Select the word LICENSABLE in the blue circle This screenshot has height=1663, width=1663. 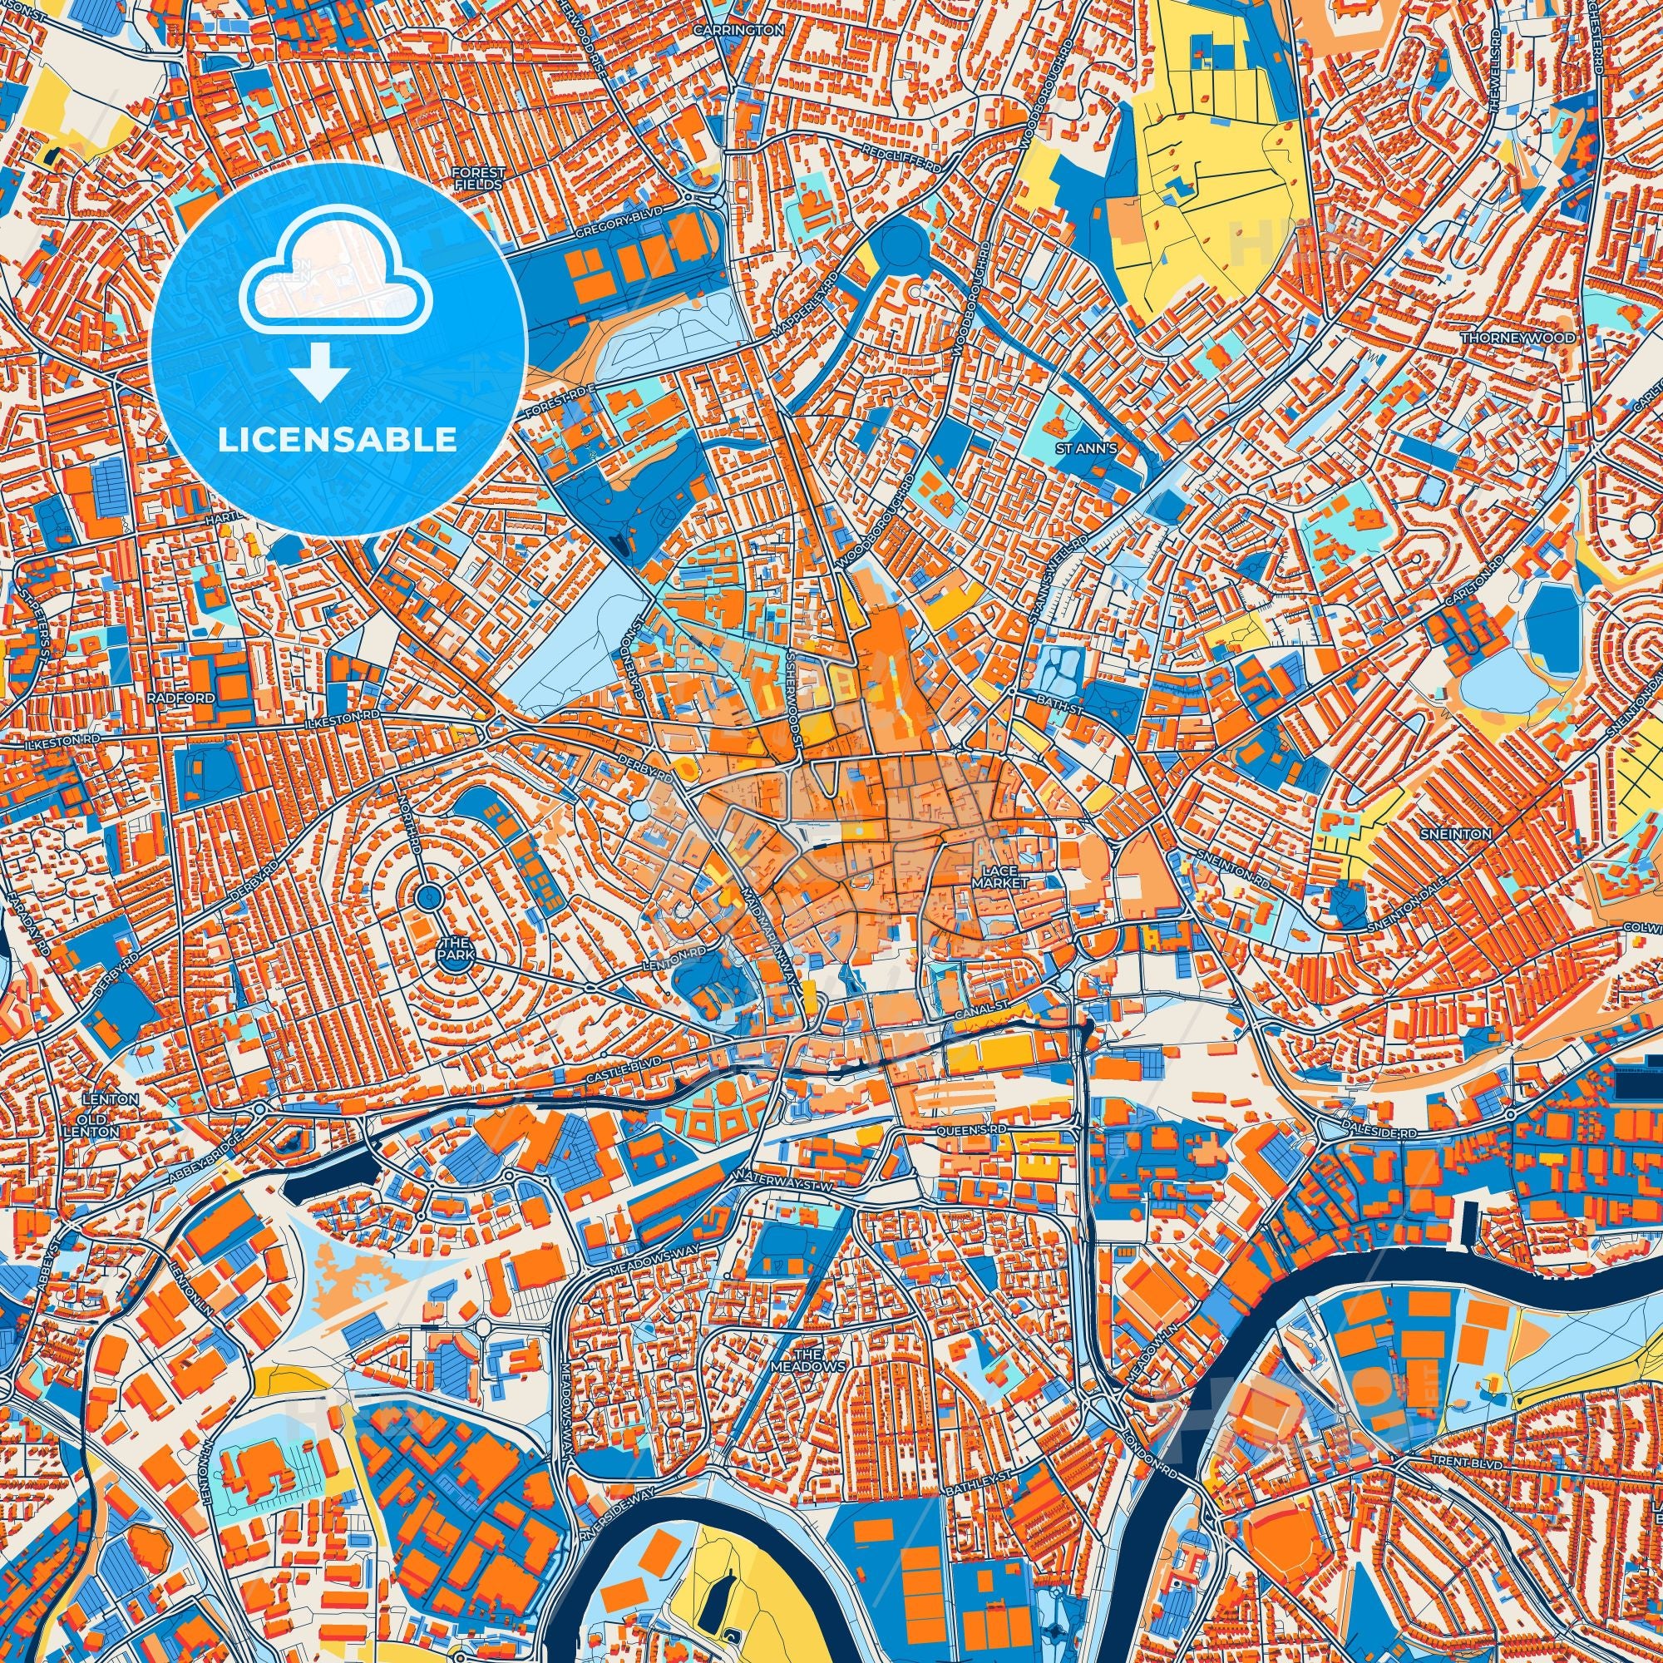tap(338, 440)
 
